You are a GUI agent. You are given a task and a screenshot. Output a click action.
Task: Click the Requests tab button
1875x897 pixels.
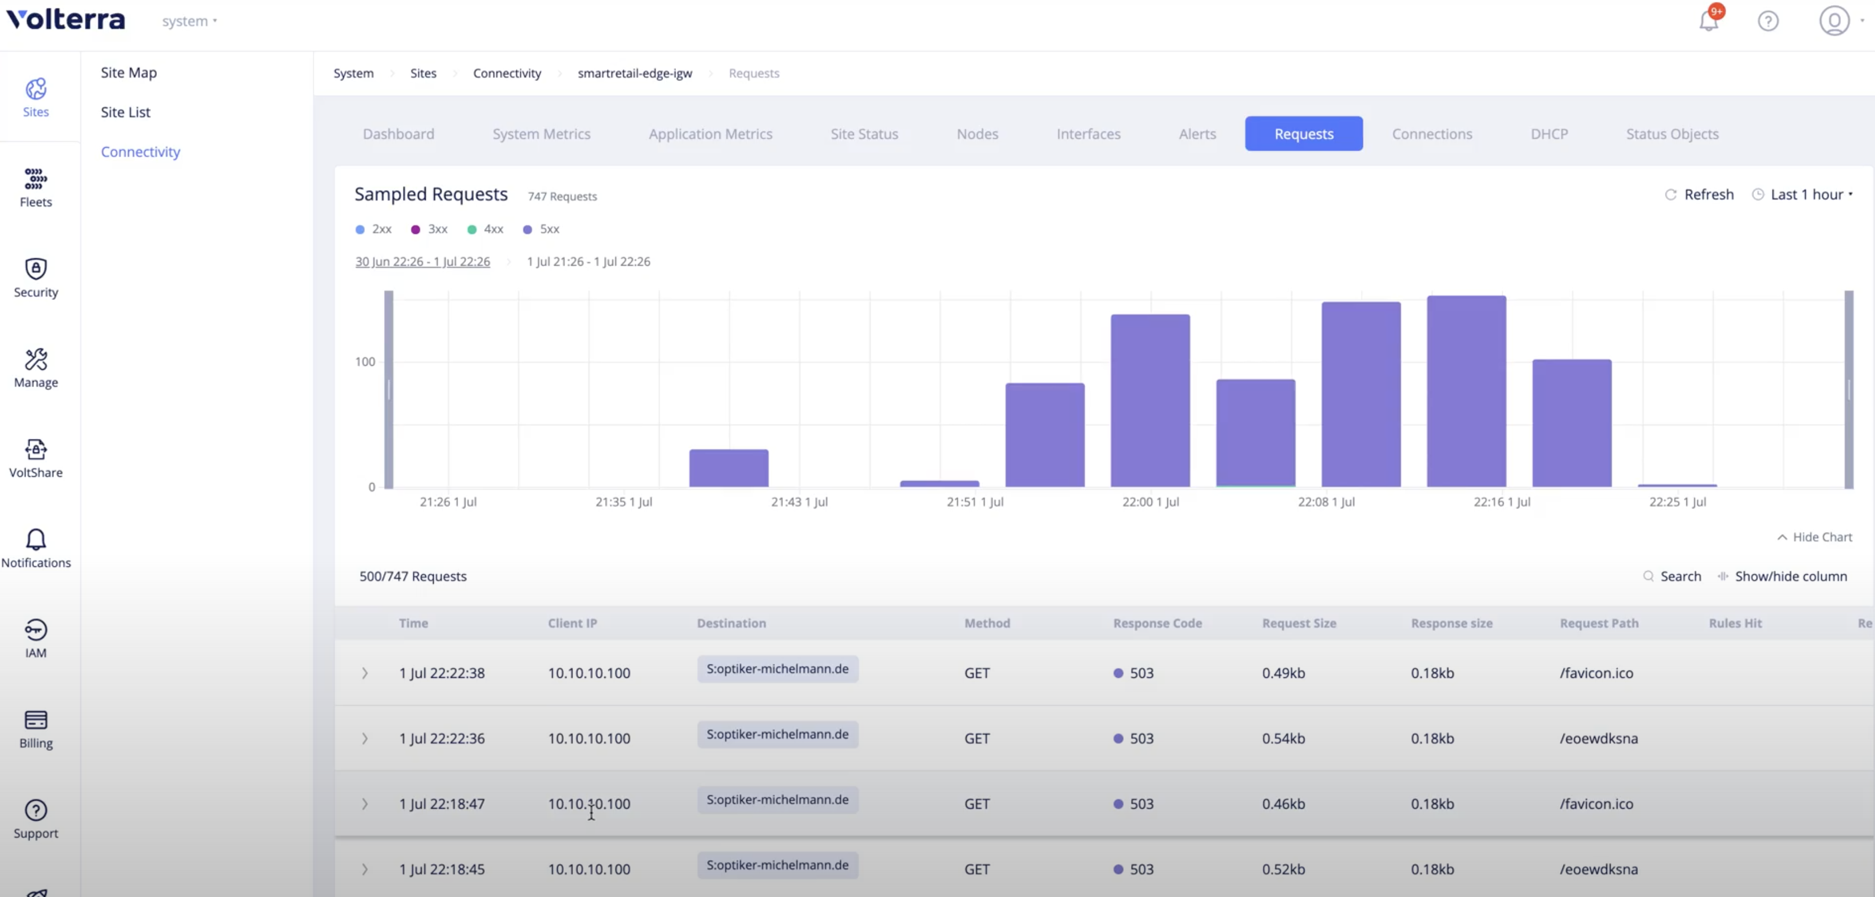pyautogui.click(x=1303, y=134)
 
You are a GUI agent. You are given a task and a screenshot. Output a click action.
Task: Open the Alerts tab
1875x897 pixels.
pyautogui.click(x=1197, y=134)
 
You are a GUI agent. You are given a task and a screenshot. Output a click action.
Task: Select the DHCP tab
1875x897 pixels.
pyautogui.click(x=1548, y=134)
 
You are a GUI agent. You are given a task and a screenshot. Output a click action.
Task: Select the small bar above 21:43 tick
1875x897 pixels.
pyautogui.click(x=728, y=468)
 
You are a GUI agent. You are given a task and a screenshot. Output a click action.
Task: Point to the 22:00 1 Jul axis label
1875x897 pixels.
pyautogui.click(x=1150, y=502)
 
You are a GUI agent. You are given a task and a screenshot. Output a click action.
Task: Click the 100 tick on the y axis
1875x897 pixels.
pyautogui.click(x=365, y=362)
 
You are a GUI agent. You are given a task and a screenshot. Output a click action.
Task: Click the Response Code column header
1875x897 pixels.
pyautogui.click(x=1157, y=623)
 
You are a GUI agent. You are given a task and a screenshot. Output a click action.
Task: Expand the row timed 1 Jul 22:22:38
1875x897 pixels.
pyautogui.click(x=365, y=673)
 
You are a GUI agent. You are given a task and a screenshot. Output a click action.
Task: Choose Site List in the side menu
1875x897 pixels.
pyautogui.click(x=125, y=112)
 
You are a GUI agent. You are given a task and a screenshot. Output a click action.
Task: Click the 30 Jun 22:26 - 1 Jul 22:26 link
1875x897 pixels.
pyautogui.click(x=422, y=262)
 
